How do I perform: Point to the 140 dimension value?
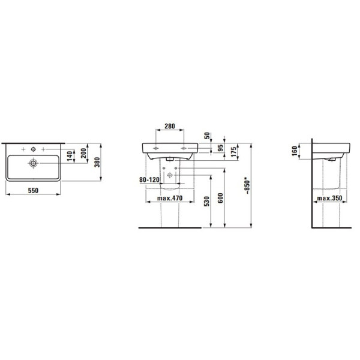[70, 155]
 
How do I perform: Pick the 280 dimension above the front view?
[169, 127]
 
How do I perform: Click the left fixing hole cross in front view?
[156, 147]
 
